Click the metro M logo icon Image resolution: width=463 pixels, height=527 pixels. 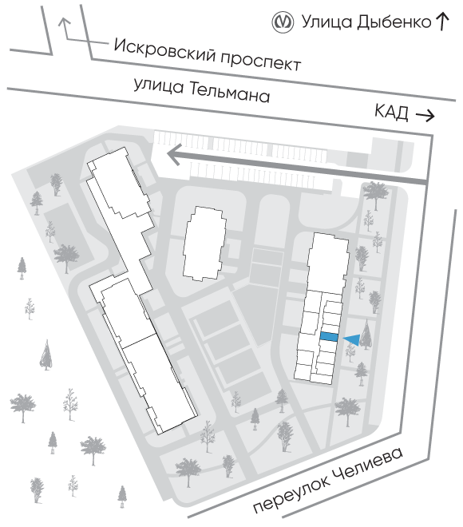pos(283,22)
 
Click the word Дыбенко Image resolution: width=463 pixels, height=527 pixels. pos(394,22)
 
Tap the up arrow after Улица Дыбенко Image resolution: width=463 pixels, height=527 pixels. pos(442,22)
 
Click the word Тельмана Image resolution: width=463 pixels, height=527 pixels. pos(230,93)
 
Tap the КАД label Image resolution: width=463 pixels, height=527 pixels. pos(391,112)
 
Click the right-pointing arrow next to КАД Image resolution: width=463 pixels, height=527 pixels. pos(425,116)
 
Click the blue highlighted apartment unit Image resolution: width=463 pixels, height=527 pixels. pos(329,337)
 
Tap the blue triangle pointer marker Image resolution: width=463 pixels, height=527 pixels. pos(352,339)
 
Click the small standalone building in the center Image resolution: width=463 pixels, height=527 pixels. pos(204,244)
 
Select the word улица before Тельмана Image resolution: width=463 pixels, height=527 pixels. pos(159,85)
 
